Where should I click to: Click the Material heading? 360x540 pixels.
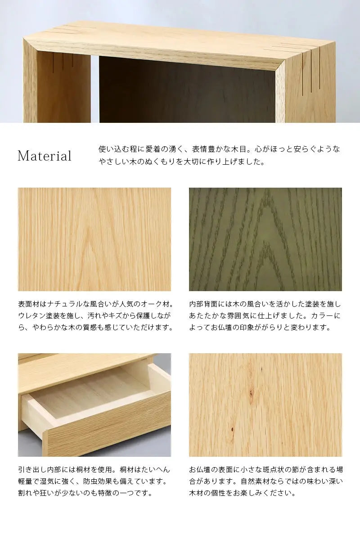tap(45, 156)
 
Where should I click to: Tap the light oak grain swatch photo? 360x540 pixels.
tap(94, 239)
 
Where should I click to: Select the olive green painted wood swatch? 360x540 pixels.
tap(265, 239)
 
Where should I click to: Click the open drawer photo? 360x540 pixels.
tap(94, 405)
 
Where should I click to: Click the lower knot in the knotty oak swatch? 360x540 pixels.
tap(232, 429)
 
